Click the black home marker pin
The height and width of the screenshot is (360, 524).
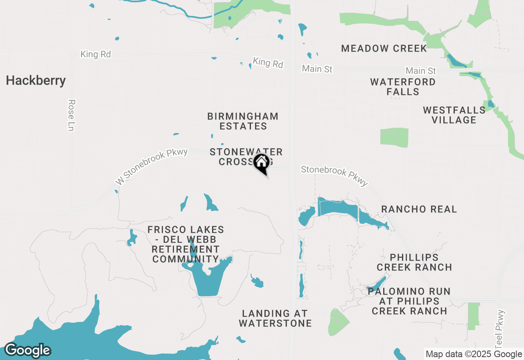pyautogui.click(x=261, y=163)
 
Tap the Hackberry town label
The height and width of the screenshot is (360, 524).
pyautogui.click(x=36, y=81)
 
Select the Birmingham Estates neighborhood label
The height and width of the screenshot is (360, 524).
pyautogui.click(x=243, y=121)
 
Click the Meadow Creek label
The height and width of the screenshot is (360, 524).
pyautogui.click(x=384, y=48)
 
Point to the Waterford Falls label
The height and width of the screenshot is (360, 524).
pyautogui.click(x=403, y=87)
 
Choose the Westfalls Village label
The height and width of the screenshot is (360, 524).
pyautogui.click(x=454, y=115)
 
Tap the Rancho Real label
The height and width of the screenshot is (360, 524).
pyautogui.click(x=419, y=209)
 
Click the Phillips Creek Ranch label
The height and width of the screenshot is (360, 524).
pyautogui.click(x=414, y=262)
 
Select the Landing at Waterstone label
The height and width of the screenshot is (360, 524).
pyautogui.click(x=275, y=318)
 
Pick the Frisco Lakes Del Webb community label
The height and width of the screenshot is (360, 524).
pyautogui.click(x=185, y=244)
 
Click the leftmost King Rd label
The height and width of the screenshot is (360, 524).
pyautogui.click(x=95, y=54)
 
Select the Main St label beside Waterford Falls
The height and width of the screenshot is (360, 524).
pyautogui.click(x=421, y=71)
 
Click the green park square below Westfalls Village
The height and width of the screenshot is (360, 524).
pyautogui.click(x=394, y=137)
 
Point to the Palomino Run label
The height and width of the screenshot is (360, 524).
pyautogui.click(x=409, y=301)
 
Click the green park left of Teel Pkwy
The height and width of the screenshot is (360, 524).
pyautogui.click(x=473, y=316)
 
